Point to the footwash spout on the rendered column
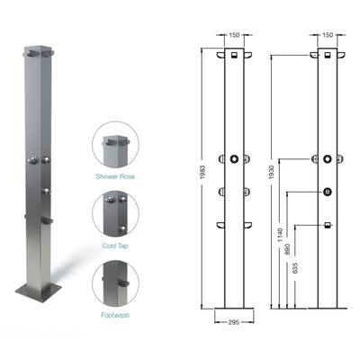(47, 220)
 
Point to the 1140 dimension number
(281, 237)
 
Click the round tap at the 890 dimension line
(327, 191)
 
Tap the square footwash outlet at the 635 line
(327, 225)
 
